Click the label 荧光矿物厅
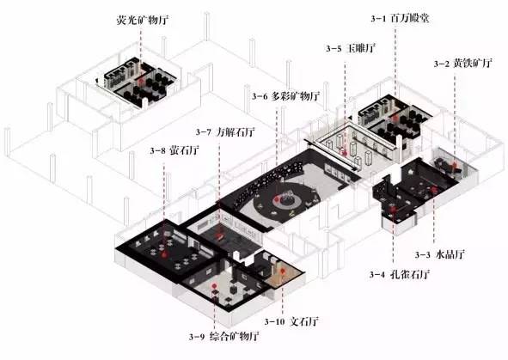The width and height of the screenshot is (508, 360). click(x=142, y=21)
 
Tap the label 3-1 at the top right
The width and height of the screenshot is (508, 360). click(x=378, y=18)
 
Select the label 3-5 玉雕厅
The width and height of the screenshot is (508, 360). click(x=351, y=49)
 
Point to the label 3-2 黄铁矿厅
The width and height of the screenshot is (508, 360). click(x=463, y=63)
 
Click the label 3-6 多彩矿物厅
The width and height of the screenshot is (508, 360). click(x=285, y=96)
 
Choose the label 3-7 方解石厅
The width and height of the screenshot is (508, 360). click(x=225, y=132)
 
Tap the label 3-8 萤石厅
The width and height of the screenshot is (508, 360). click(x=174, y=150)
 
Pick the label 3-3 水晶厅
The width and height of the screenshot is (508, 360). click(x=440, y=254)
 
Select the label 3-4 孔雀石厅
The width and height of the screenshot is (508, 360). click(x=400, y=275)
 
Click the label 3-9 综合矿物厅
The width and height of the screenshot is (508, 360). click(x=223, y=336)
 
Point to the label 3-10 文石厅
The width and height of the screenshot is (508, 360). click(x=291, y=321)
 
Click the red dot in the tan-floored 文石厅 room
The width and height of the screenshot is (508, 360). click(x=283, y=271)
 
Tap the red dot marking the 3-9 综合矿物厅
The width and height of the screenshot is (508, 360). click(x=214, y=286)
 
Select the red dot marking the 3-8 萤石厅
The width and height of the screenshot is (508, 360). click(x=164, y=254)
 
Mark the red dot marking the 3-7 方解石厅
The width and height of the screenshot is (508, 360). click(x=220, y=235)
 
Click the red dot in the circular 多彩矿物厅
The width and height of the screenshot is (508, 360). click(x=277, y=199)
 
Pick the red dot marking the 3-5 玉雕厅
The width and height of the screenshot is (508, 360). click(x=345, y=153)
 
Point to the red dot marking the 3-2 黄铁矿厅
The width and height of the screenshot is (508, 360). click(x=455, y=166)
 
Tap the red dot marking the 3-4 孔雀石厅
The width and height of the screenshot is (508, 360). click(x=394, y=210)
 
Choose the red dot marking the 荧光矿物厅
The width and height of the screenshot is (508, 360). click(x=140, y=81)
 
